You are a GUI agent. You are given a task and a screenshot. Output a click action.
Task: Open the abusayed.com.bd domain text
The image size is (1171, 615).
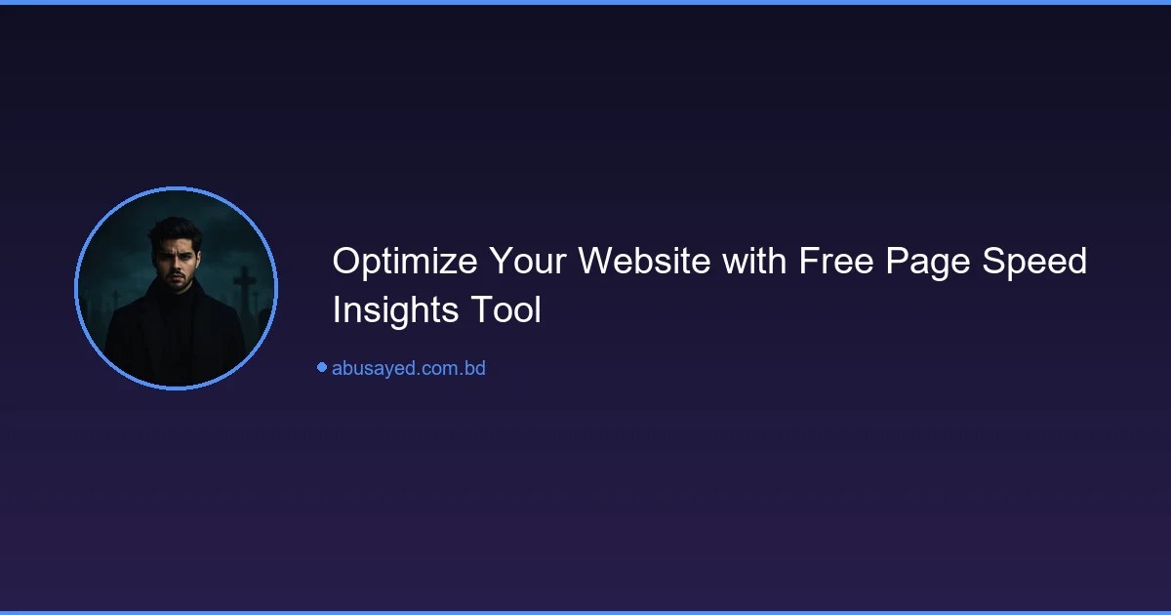[409, 369]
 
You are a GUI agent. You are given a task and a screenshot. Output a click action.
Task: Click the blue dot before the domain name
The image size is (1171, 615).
[321, 367]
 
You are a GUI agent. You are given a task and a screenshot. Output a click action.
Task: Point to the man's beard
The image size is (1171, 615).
[176, 284]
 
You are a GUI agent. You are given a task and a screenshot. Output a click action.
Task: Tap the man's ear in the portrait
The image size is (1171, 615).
[199, 262]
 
